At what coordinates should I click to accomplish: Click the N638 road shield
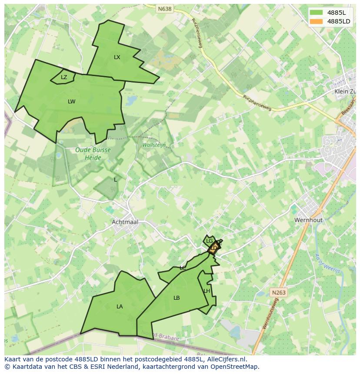pos(165,9)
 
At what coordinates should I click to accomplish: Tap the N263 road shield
pos(279,292)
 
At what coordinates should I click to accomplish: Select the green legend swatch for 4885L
pos(317,13)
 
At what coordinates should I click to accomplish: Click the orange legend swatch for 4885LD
pos(317,21)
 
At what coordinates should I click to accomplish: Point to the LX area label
pos(117,57)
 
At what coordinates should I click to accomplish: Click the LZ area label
pos(64,77)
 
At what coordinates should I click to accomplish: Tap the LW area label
pos(72,102)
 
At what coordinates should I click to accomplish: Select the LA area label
pos(120,307)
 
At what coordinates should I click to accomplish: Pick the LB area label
pos(177,298)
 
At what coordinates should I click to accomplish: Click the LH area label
pos(207,291)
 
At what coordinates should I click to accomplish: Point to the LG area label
pos(210,241)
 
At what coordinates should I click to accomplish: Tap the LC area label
pos(183,268)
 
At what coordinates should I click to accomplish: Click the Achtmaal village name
pos(125,222)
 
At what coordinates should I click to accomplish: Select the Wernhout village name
pos(308,220)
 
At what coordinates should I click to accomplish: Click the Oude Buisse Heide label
pos(93,153)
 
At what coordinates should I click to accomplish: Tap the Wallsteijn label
pos(154,145)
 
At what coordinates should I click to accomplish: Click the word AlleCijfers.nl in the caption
pos(227,359)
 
